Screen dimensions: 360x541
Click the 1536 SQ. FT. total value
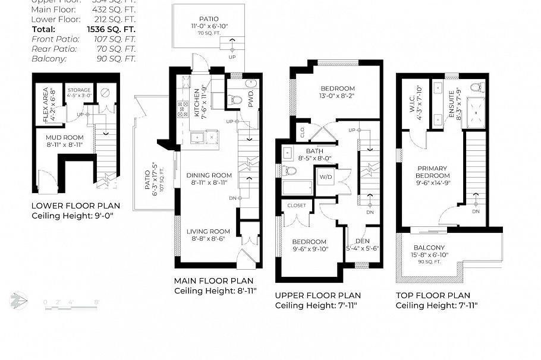click(112, 29)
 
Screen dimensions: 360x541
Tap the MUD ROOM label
click(65, 137)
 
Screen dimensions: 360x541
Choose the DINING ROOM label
click(209, 175)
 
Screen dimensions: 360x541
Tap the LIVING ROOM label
click(208, 232)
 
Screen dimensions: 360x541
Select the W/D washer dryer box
click(325, 177)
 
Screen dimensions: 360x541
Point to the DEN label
click(363, 241)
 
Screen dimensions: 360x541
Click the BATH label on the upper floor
click(314, 151)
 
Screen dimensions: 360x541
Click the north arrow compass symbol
click(19, 299)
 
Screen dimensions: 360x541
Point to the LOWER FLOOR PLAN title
click(76, 206)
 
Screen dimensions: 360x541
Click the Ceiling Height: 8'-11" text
click(215, 291)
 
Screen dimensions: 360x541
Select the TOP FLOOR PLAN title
click(433, 295)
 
